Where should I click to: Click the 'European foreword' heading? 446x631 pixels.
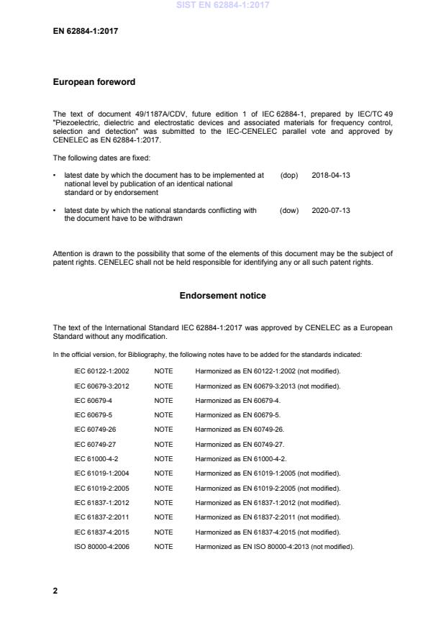(94, 82)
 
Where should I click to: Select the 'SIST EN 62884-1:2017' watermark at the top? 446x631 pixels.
(223, 5)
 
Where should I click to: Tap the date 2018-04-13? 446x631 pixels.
(331, 176)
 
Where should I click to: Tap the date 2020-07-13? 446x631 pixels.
(331, 211)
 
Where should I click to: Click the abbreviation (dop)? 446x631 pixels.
(288, 176)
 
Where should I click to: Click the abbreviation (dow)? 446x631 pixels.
(288, 211)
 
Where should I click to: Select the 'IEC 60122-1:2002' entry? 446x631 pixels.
(102, 371)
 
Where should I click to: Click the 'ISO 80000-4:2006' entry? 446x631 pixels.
(102, 546)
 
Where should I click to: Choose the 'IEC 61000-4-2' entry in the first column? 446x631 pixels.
(97, 458)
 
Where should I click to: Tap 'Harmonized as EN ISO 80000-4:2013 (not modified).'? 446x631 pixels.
(274, 546)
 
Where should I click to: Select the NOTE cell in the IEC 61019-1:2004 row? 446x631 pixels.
(163, 473)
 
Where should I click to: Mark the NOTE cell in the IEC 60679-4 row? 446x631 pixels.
(163, 400)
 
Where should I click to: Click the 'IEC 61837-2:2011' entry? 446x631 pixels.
(102, 517)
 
